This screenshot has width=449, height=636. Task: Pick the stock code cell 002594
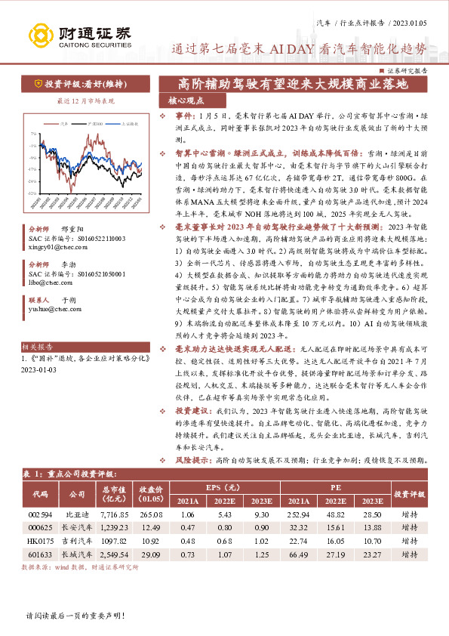tap(40, 514)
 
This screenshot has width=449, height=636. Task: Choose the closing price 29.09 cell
tap(151, 555)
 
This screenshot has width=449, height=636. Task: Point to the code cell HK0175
tap(40, 542)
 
